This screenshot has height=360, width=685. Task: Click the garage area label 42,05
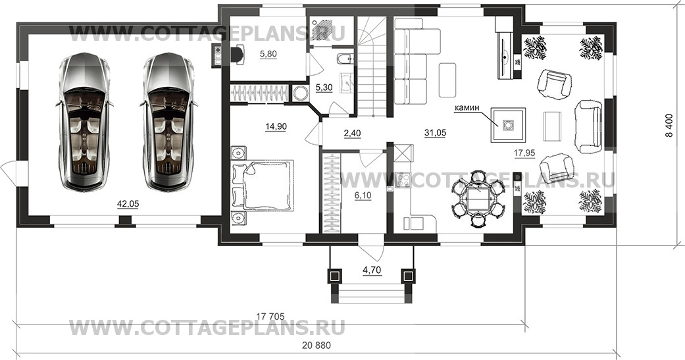(x=128, y=204)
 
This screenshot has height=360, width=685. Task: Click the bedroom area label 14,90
(x=275, y=126)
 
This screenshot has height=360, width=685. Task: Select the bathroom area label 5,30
(x=325, y=87)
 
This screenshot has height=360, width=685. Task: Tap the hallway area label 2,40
(x=353, y=133)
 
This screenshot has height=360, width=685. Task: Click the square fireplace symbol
(x=507, y=126)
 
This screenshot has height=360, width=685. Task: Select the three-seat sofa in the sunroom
(x=588, y=126)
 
